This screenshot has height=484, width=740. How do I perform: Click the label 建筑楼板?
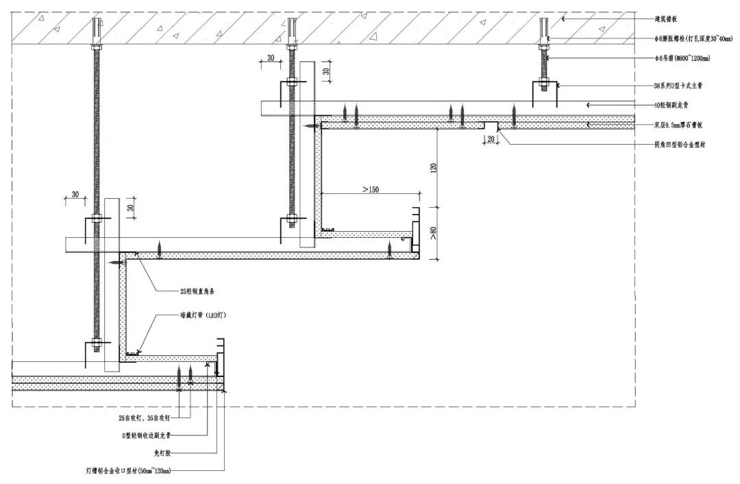point(667,19)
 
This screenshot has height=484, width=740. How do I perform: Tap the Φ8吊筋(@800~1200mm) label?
point(681,59)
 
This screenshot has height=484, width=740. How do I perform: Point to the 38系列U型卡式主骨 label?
point(678,86)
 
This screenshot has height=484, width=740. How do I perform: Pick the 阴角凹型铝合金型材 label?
point(679,145)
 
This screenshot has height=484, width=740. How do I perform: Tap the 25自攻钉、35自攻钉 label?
point(145,416)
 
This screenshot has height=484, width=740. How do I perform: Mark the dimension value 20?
point(490,138)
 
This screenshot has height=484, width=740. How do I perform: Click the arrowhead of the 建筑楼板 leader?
point(563,19)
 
